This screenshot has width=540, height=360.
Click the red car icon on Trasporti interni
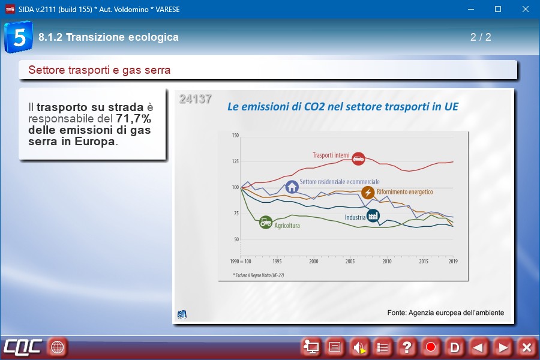click(358, 159)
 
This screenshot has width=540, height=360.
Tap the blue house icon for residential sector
click(292, 187)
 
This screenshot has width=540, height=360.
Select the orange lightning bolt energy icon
click(368, 193)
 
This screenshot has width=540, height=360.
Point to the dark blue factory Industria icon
click(373, 215)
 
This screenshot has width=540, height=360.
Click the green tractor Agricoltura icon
click(265, 222)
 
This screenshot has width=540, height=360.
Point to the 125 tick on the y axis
click(235, 161)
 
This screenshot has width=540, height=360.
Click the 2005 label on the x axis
click(350, 262)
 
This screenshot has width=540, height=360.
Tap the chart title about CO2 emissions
click(342, 107)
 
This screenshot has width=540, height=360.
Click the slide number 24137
click(195, 99)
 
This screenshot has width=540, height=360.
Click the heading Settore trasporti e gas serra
click(100, 70)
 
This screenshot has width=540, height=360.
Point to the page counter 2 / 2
click(481, 37)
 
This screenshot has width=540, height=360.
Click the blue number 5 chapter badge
click(18, 37)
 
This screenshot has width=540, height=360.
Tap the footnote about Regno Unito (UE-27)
click(259, 274)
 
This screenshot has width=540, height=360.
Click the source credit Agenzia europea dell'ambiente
click(445, 313)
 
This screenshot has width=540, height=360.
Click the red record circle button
click(430, 347)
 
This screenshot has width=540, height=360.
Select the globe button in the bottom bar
click(57, 347)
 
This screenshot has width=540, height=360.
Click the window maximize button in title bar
click(497, 9)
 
